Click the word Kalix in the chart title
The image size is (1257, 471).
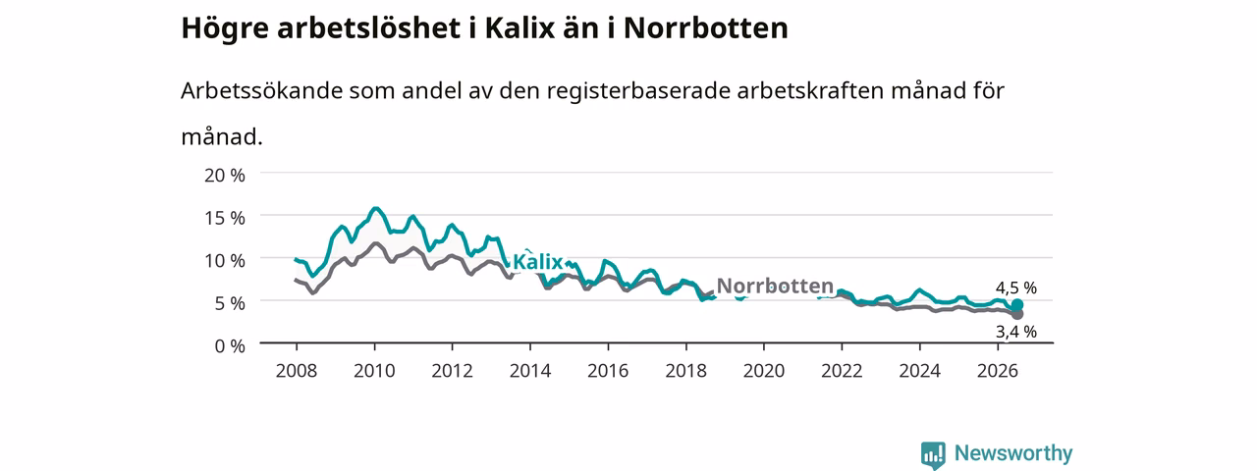[x=519, y=28]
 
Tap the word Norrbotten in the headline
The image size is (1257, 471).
[x=706, y=28]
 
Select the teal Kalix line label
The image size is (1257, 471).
[x=537, y=262]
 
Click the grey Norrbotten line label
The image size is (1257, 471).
[x=775, y=286]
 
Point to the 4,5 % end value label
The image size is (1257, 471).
[x=1016, y=288]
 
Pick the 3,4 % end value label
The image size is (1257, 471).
[x=1016, y=332]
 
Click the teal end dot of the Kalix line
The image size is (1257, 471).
[x=1016, y=305]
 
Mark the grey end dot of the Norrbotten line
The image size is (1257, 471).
[x=1016, y=315]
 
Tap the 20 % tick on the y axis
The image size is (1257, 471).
[x=225, y=176]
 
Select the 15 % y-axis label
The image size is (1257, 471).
[x=225, y=218]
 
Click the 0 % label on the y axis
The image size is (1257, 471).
[x=230, y=346]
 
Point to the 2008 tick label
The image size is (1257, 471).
[x=297, y=371]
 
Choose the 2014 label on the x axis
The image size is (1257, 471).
[x=530, y=371]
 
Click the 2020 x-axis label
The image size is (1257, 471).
[x=764, y=371]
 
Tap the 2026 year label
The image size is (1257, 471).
[x=998, y=371]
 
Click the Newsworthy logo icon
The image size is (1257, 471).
[x=933, y=454]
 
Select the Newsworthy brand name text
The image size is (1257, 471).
[x=1013, y=453]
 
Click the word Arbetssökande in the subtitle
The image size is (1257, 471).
[x=261, y=91]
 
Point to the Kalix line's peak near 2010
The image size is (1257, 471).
[x=375, y=209]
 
